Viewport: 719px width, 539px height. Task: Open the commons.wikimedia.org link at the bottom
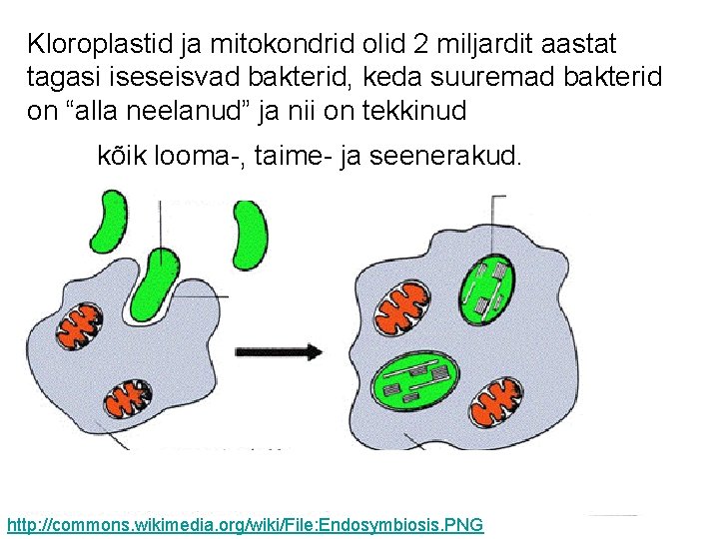[x=245, y=524]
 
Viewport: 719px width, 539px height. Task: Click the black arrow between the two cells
[x=279, y=351]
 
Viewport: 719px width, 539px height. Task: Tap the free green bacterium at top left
[x=107, y=223]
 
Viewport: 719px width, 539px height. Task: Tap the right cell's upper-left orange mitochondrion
[x=399, y=307]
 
